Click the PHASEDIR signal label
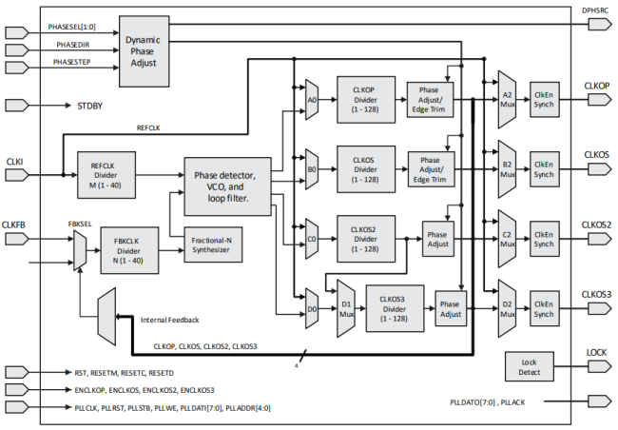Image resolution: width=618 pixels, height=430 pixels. (x=72, y=45)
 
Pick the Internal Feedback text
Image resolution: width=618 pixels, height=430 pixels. (x=169, y=321)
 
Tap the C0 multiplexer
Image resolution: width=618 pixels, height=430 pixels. (x=311, y=228)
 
